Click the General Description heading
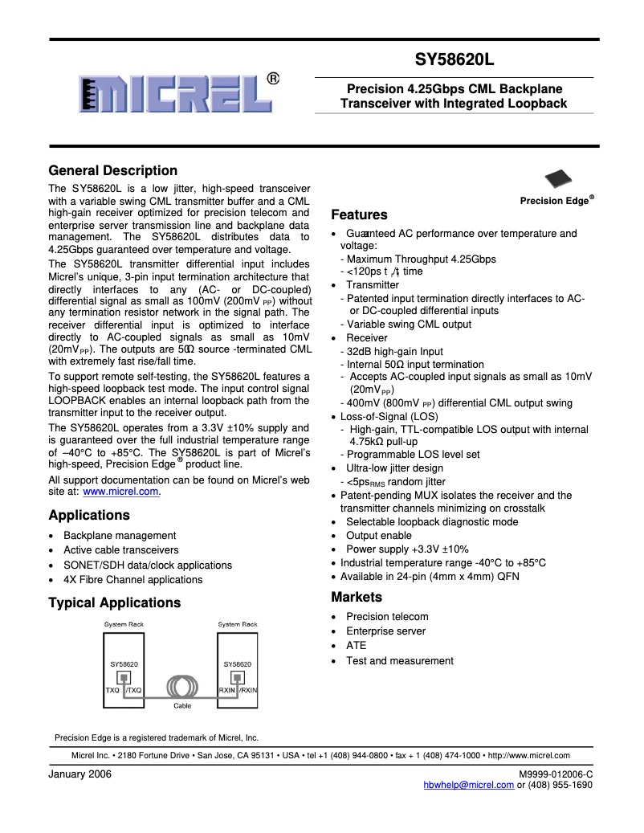coord(112,170)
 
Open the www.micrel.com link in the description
coord(120,492)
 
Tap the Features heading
coord(359,214)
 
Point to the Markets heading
coord(357,597)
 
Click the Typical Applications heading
coord(115,602)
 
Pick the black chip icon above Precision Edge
coord(559,180)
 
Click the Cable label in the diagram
coord(182,706)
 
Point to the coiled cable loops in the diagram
coord(181,688)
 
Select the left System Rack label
coord(124,624)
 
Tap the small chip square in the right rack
coord(237,676)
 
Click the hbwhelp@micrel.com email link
coord(468,786)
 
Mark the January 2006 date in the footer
coord(79,774)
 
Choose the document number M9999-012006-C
coord(556,774)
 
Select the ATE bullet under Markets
coord(356,646)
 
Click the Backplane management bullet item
coord(120,536)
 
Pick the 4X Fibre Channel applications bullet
coord(132,580)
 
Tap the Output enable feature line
coord(378,536)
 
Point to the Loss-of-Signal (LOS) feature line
coord(389,417)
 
